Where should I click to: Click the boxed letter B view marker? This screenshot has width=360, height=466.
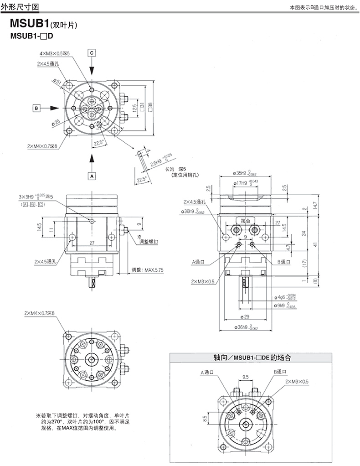coord(37,108)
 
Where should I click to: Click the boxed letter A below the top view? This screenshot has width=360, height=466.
coord(92,175)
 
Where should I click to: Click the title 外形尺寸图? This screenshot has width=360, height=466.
coord(20,7)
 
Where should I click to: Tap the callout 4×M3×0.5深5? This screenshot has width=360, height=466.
coord(54,54)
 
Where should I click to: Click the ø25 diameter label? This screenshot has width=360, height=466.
coord(56,122)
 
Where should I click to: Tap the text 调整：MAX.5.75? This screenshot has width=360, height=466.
coord(147,270)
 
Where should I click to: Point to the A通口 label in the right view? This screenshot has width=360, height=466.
coord(199,262)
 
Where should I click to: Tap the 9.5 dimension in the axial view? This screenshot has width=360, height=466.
coord(245,377)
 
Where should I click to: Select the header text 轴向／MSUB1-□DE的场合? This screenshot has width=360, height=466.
coord(252,358)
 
